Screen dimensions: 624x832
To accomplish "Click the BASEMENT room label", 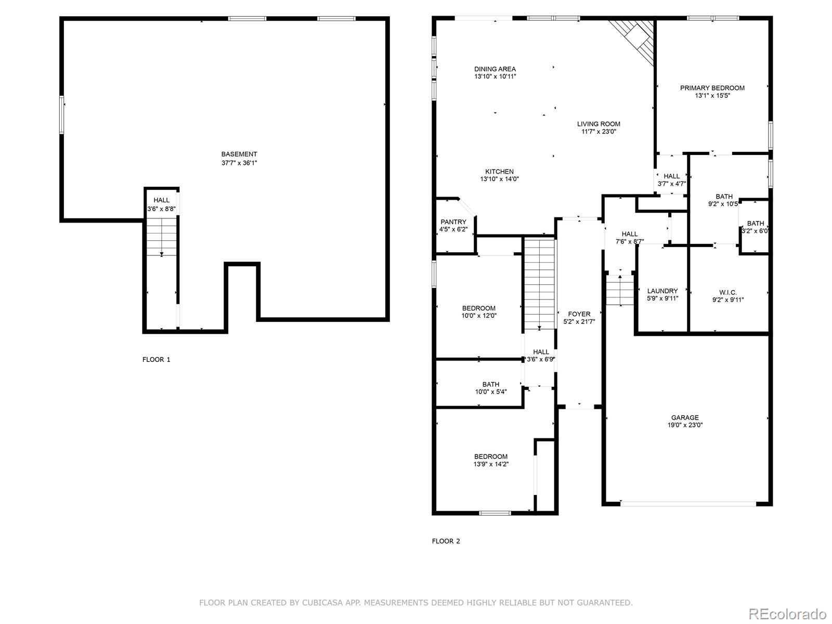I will (239, 154).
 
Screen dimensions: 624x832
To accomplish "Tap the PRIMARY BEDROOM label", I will (712, 88).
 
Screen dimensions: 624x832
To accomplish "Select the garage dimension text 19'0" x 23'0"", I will (685, 425).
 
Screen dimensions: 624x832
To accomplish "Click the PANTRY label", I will (453, 222).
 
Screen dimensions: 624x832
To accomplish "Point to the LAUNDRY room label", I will (662, 291).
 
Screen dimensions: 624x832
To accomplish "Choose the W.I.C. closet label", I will (728, 292).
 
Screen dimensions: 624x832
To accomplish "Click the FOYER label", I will (579, 314).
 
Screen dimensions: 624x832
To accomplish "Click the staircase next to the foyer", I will (540, 283).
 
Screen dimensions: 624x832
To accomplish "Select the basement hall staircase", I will (162, 237).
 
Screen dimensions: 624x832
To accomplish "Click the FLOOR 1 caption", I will (156, 359).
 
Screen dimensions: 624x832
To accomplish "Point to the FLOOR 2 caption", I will (446, 541).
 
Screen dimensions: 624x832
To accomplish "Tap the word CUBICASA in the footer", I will (318, 603).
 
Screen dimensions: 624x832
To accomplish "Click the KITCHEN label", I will (499, 172).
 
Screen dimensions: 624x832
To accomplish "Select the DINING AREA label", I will (495, 69).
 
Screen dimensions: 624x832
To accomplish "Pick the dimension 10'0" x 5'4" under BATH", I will (490, 392).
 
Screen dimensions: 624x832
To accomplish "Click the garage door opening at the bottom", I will (688, 503).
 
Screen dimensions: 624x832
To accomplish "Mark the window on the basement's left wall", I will (61, 115).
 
